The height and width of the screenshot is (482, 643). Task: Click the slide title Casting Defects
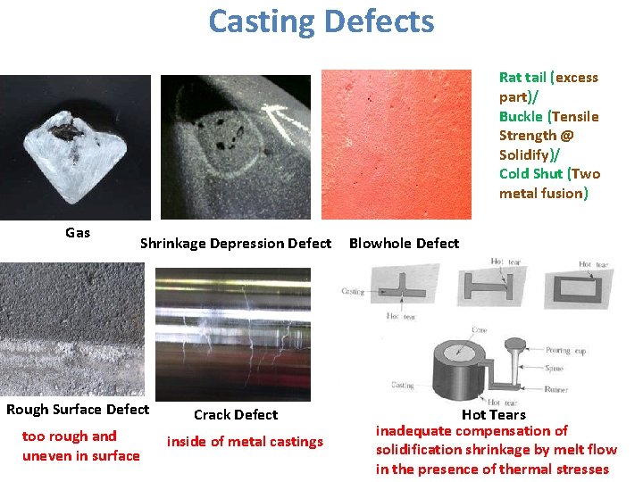click(x=321, y=21)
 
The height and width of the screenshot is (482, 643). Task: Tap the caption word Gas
click(x=78, y=233)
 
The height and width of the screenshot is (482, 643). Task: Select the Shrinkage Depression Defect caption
click(x=236, y=244)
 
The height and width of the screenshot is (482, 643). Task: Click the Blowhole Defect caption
click(x=404, y=244)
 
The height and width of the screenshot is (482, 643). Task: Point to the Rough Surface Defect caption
click(x=78, y=410)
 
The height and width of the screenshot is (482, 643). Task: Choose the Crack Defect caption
click(x=236, y=415)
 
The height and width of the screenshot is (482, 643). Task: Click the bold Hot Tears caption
click(x=494, y=415)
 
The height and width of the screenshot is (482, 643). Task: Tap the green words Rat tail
click(x=522, y=78)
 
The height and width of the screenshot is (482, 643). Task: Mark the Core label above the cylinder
click(x=480, y=329)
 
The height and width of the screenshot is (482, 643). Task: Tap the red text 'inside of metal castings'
click(x=245, y=442)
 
